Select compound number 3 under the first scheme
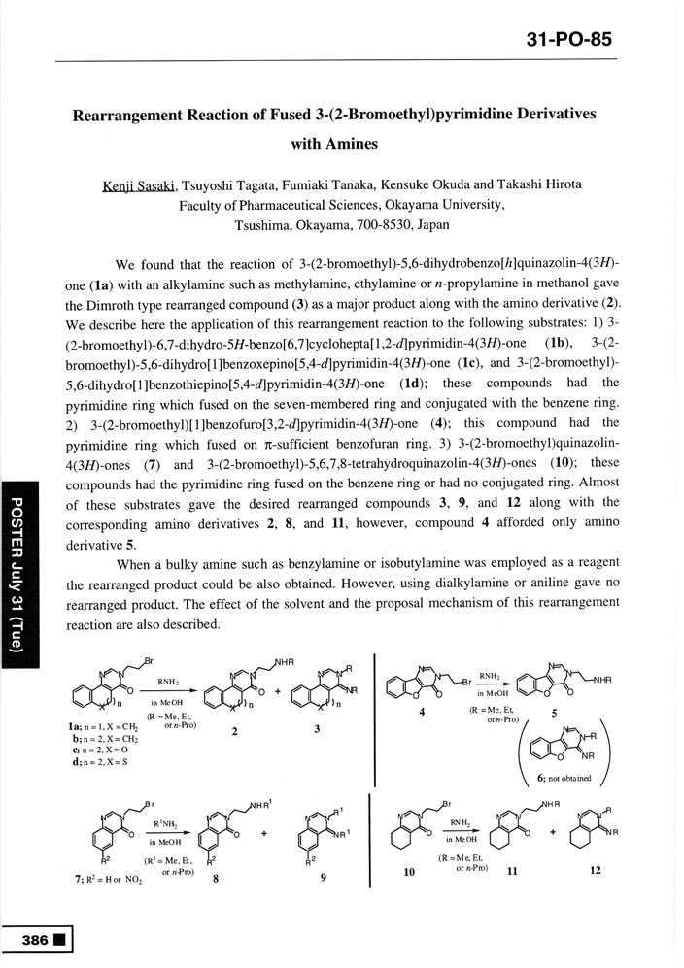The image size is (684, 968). coord(317,733)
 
